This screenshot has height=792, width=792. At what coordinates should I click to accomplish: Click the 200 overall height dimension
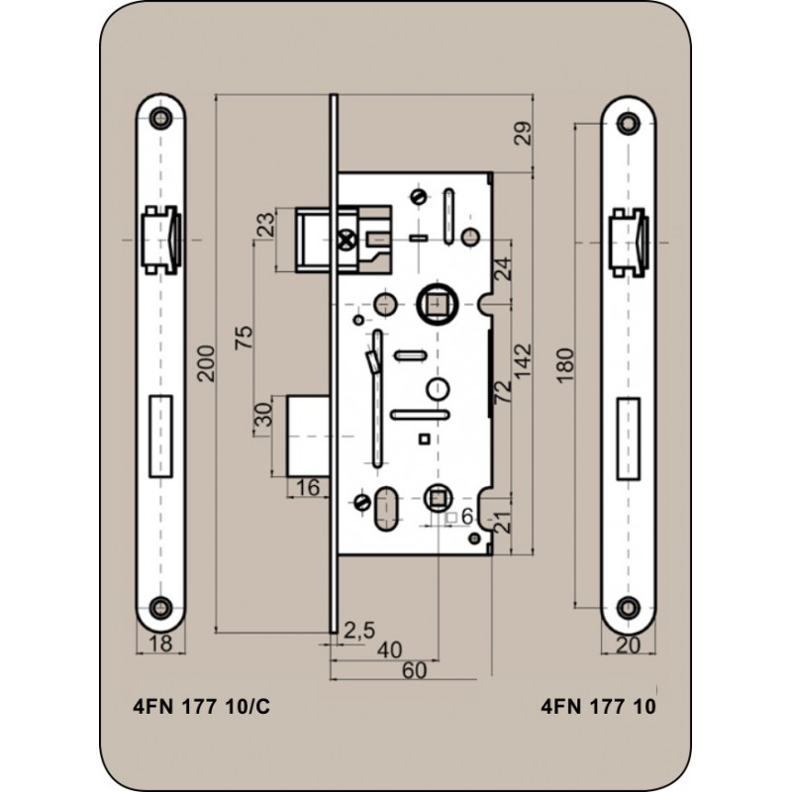[206, 362]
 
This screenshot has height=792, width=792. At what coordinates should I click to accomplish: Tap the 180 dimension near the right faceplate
[566, 365]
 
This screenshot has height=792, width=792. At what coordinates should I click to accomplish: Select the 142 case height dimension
[524, 360]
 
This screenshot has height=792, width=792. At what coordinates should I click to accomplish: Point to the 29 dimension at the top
[524, 134]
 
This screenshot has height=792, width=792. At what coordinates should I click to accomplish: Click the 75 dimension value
[244, 338]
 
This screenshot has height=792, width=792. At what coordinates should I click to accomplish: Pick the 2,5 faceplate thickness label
[359, 631]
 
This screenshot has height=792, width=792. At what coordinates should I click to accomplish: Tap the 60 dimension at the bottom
[414, 670]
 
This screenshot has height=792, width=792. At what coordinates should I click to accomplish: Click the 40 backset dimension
[390, 650]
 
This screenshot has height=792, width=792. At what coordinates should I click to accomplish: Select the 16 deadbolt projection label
[308, 487]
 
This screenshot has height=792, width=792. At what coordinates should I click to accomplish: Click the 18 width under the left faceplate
[160, 643]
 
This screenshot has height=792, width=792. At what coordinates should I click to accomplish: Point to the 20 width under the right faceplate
[629, 645]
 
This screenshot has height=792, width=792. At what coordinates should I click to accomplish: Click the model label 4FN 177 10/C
[202, 706]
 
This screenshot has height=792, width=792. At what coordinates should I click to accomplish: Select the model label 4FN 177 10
[599, 706]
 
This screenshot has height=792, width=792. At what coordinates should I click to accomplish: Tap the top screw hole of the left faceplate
[160, 118]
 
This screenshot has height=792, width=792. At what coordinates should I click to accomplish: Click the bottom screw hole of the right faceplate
[629, 607]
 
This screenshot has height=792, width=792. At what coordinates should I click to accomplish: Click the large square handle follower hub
[437, 305]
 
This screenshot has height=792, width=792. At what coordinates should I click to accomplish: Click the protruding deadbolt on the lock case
[308, 437]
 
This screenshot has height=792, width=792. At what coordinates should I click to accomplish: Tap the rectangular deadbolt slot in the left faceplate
[161, 436]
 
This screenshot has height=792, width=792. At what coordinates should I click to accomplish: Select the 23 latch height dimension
[267, 225]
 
